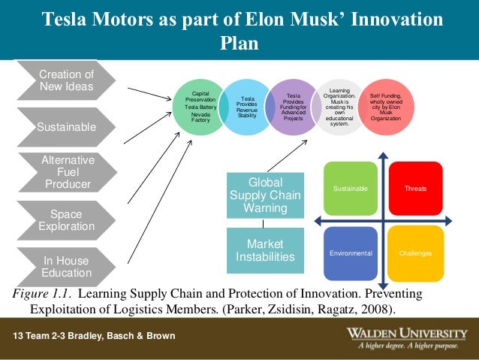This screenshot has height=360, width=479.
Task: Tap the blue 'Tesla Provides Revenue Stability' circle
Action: point(246,107)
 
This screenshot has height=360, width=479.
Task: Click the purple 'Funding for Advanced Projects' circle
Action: point(294,106)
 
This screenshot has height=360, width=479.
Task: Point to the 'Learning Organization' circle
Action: point(339,106)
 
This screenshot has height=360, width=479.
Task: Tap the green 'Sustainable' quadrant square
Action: point(350,188)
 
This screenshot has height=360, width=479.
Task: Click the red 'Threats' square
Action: point(415,188)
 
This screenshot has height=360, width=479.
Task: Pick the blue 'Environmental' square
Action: point(350,253)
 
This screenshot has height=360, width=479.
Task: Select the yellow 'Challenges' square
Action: point(415,253)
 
